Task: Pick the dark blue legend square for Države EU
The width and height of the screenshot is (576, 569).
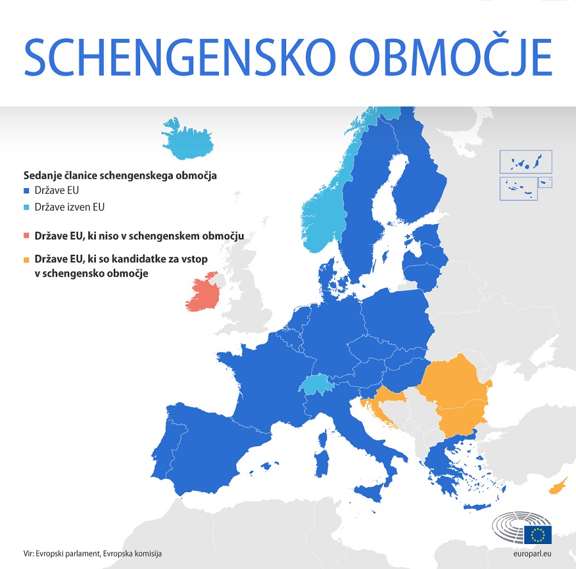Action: tap(26, 191)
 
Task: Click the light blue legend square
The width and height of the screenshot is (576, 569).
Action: tap(26, 207)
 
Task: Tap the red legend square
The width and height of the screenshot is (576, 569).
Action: tap(26, 236)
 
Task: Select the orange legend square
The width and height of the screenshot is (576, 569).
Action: tap(26, 260)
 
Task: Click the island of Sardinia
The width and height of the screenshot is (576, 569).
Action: tap(323, 449)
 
